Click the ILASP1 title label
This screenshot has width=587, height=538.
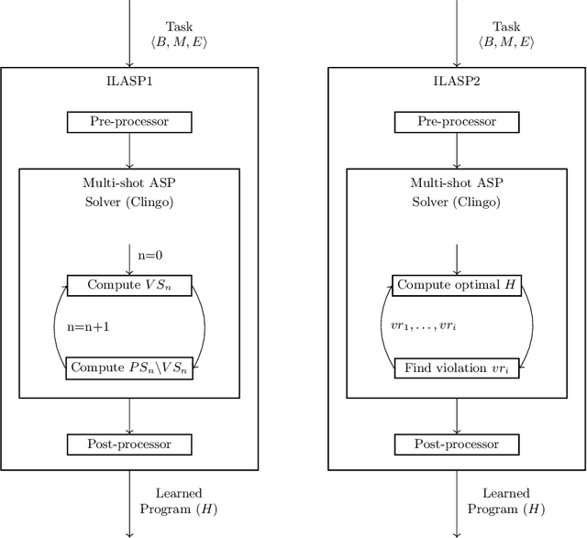coord(129,82)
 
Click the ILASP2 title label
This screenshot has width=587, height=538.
coord(457,82)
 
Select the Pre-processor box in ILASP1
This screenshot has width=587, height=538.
coord(129,121)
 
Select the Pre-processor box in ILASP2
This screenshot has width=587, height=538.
coord(457,121)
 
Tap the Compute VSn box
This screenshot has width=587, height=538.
coord(129,285)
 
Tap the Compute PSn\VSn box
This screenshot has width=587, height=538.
coord(129,368)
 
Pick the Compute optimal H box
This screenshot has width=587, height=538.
coord(457,285)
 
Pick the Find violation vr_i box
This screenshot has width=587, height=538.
coord(457,368)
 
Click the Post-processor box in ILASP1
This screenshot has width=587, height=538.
coord(129,445)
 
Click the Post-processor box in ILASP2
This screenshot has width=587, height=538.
coord(457,445)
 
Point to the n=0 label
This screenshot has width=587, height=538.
coord(150,257)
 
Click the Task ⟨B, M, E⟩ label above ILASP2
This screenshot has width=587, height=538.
coord(505,34)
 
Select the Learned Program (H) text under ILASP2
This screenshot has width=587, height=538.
coord(498,500)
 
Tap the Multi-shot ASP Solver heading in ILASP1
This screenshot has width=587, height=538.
coord(129,192)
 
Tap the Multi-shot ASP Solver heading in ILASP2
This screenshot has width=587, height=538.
coord(457,192)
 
